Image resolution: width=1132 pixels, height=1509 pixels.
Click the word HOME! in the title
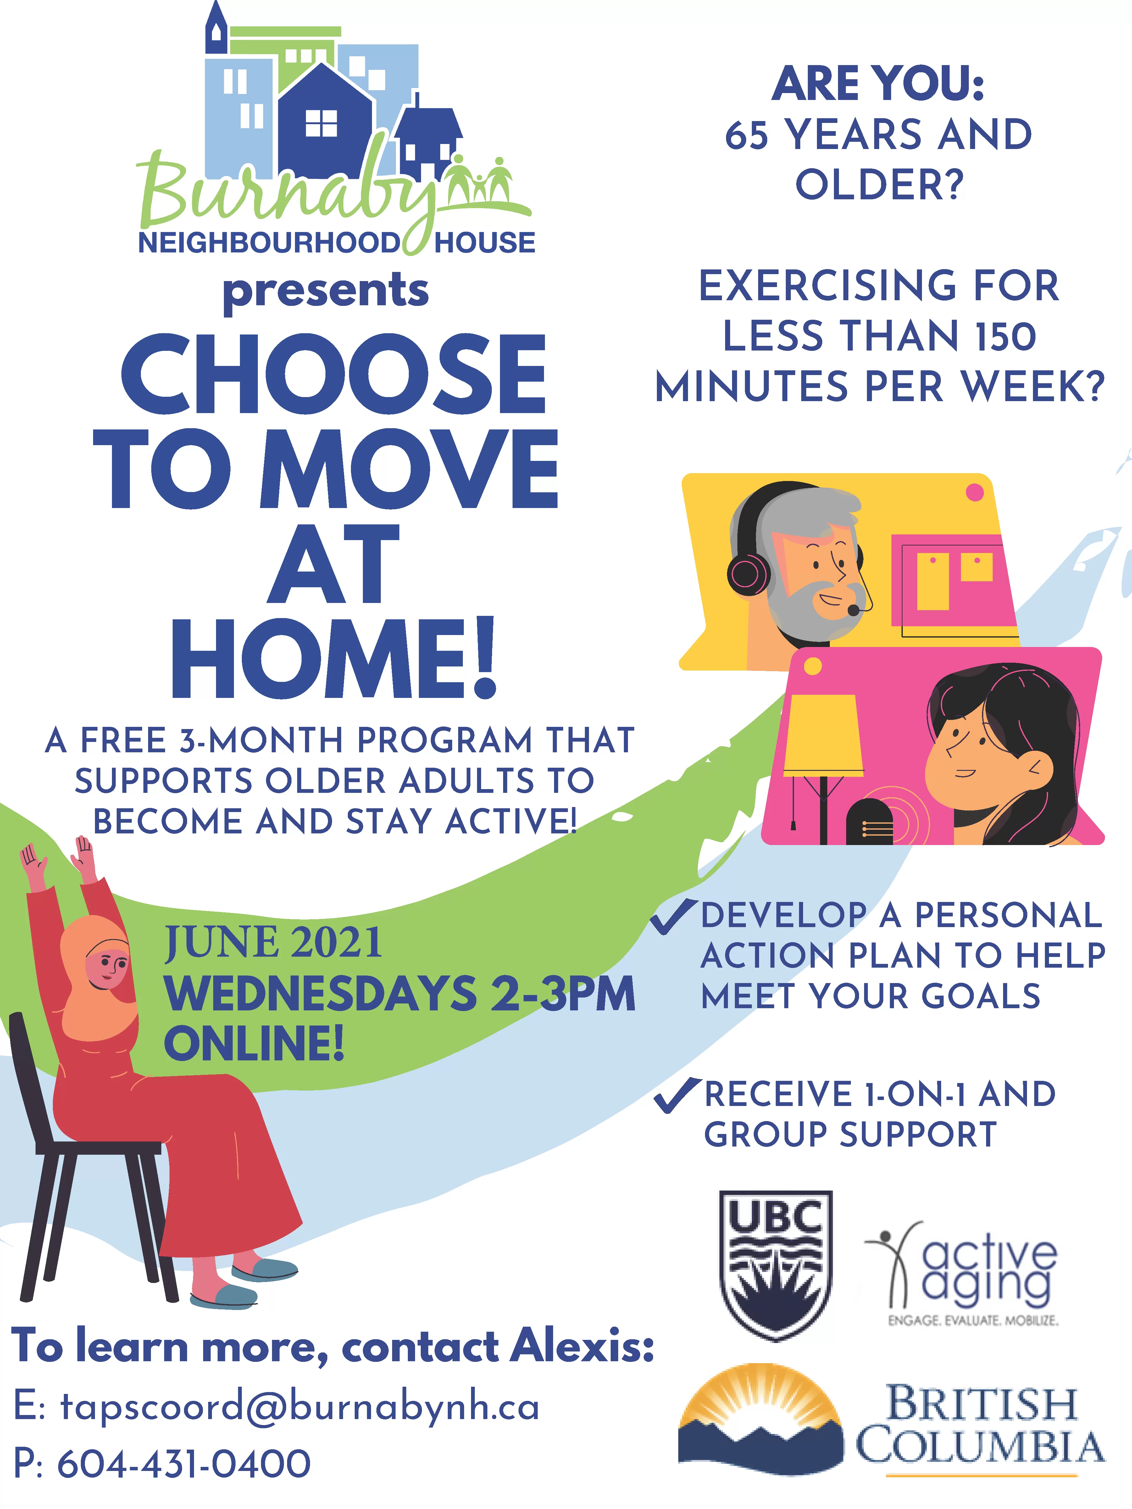point(334,658)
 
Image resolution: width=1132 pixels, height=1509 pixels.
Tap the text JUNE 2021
point(273,943)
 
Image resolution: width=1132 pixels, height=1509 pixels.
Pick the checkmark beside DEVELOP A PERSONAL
point(673,915)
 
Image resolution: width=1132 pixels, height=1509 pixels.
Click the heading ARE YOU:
point(878,83)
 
